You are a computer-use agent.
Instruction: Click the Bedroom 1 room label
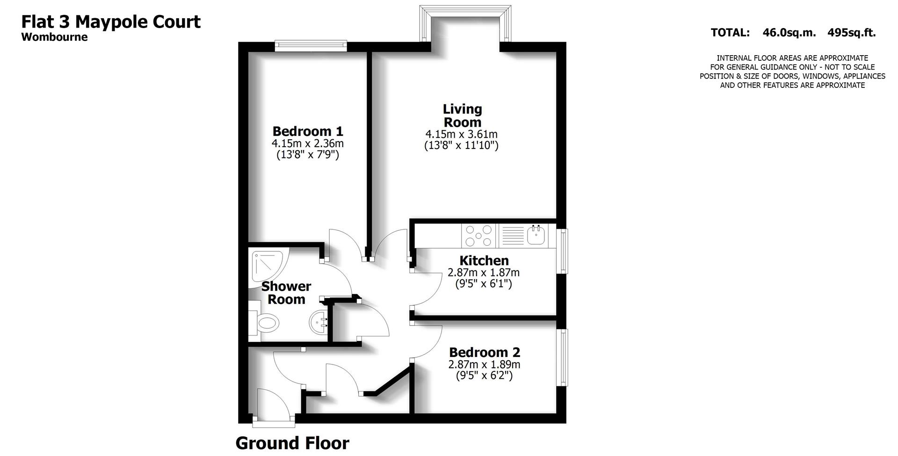coord(308,131)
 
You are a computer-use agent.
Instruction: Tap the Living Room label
coord(462,115)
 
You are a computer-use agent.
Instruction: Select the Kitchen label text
coord(484,260)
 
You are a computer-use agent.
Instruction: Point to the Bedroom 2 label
coord(484,352)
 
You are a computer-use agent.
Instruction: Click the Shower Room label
coord(286,292)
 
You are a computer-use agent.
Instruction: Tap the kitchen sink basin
coord(536,235)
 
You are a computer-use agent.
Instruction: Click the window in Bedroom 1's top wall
coord(311,46)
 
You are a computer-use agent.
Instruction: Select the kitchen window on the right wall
coord(563,251)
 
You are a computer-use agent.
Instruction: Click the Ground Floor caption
coord(292,443)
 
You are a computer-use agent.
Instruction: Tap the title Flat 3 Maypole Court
coord(111,21)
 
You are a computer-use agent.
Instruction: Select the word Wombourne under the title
coord(54,37)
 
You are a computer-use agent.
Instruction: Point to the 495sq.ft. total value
coord(851,33)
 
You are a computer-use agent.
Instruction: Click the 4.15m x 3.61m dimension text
coord(461,135)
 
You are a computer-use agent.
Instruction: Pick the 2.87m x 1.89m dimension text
coord(484,364)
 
